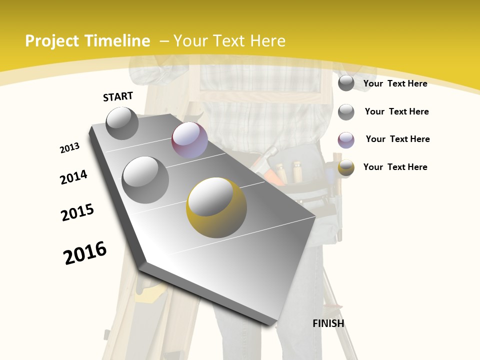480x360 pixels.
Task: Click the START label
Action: tap(118, 96)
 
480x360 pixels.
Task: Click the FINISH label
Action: tap(328, 323)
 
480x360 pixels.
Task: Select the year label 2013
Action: tap(70, 147)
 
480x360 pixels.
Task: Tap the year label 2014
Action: tap(73, 177)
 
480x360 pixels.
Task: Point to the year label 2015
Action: tap(77, 212)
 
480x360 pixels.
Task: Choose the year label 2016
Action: tap(85, 252)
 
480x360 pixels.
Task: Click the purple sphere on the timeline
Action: tap(189, 140)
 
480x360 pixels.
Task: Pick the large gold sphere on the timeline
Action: tap(216, 207)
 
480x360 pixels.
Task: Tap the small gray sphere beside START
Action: tap(122, 123)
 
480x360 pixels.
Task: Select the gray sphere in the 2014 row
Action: tap(145, 179)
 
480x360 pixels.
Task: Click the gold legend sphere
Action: tap(346, 167)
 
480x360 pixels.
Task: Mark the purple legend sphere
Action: tap(346, 140)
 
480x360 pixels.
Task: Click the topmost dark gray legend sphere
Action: tap(346, 83)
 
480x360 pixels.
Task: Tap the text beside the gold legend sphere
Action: tap(395, 167)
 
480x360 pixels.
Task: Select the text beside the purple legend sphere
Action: tap(397, 139)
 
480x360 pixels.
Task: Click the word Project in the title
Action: tap(52, 41)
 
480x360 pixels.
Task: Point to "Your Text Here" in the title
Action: tap(229, 41)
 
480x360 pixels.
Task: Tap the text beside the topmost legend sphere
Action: tap(395, 83)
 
